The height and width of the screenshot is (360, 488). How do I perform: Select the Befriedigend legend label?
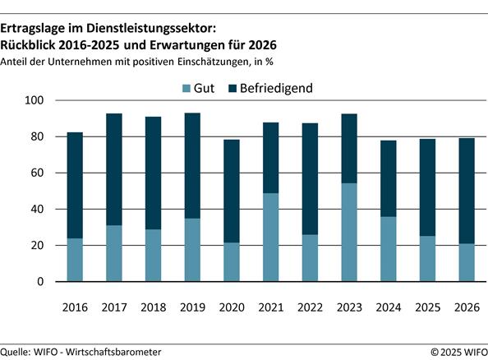276,89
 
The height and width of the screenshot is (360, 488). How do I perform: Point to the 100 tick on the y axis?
38,100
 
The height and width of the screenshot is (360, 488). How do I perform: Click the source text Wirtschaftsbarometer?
114,352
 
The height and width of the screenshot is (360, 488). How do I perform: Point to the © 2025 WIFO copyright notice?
456,352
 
